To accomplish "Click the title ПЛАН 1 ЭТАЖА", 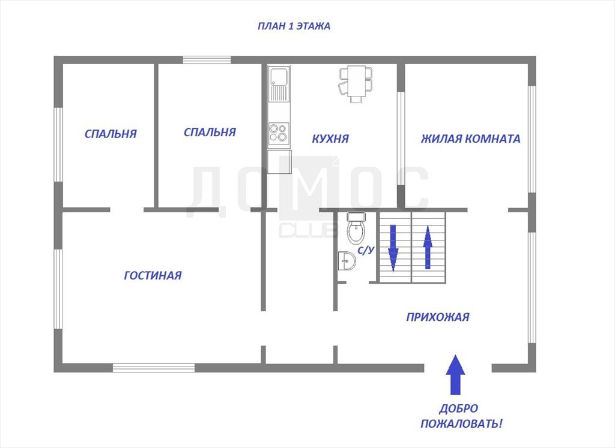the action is pos(294,26).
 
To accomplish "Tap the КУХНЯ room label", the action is pos(330,139).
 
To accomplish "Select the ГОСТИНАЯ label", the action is pos(153,275).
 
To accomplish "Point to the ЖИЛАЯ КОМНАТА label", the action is pos(471,139).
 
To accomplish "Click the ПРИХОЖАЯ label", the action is pos(438,317).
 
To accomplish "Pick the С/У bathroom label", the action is pos(366,251).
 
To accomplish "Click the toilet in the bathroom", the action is pos(356,227).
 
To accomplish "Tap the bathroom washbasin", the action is pos(347,261).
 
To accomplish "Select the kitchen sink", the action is pos(279,83).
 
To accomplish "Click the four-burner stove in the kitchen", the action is pos(279,132).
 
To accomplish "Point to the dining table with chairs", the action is pos(356,84).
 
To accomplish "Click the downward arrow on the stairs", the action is pos(393,248).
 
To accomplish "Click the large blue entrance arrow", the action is pos(455,374).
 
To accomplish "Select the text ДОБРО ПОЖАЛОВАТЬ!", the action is pos(461,416).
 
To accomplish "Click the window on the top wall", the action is pos(207,60).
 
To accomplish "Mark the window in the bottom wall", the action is pos(154,368).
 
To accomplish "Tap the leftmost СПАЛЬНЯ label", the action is pos(111,134).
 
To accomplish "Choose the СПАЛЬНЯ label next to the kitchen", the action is pos(210,132).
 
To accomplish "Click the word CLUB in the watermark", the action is pos(308,230).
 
